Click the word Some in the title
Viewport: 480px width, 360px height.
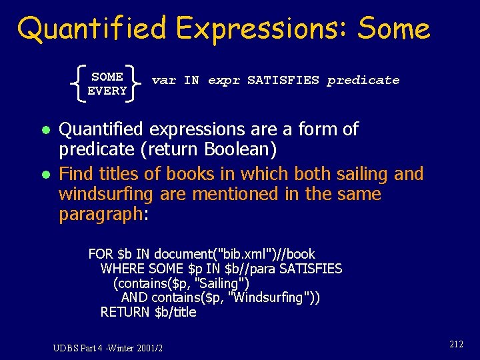point(394,28)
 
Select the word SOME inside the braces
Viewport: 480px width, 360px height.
point(107,77)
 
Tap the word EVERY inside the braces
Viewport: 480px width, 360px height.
point(107,91)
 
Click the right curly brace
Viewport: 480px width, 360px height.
point(137,84)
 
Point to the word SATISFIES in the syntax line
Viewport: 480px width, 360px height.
point(283,81)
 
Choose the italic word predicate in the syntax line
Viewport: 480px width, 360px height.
point(363,81)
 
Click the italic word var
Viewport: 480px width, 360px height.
point(163,81)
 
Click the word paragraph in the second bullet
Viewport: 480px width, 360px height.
point(100,215)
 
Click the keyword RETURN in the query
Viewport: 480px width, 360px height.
point(125,312)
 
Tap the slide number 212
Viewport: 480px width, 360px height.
point(456,344)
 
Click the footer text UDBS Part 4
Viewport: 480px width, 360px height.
point(79,347)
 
